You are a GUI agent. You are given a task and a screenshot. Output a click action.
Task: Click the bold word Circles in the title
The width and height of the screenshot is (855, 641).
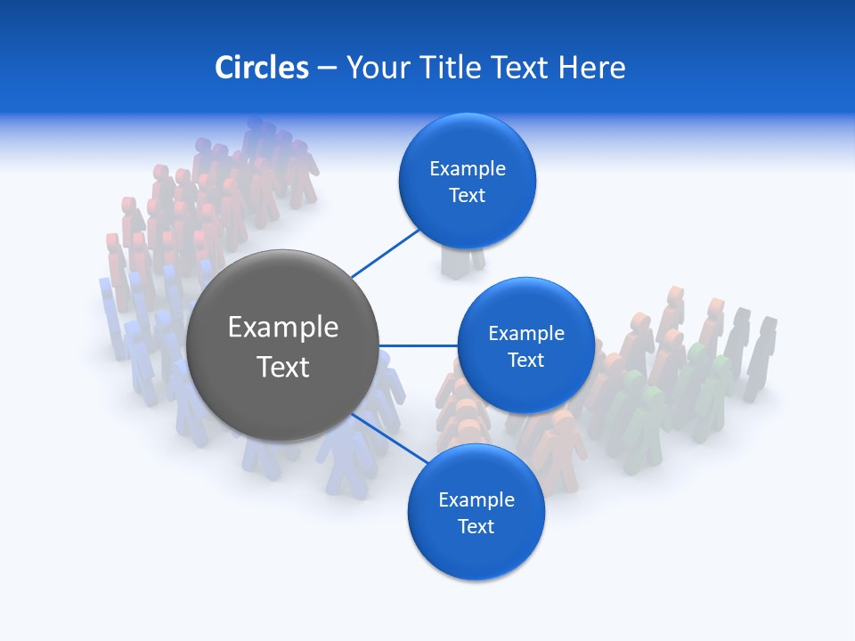pyautogui.click(x=262, y=68)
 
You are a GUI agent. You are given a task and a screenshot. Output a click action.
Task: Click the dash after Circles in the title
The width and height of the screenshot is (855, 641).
pyautogui.click(x=327, y=69)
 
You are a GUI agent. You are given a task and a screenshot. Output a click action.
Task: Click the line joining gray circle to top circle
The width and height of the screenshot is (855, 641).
pyautogui.click(x=385, y=253)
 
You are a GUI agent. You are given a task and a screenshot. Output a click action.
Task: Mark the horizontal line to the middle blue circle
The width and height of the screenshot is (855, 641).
pyautogui.click(x=419, y=345)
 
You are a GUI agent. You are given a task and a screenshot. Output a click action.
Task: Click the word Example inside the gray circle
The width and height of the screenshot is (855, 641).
pyautogui.click(x=283, y=328)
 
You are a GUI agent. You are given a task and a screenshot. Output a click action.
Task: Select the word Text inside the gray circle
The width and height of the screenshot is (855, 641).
pyautogui.click(x=283, y=367)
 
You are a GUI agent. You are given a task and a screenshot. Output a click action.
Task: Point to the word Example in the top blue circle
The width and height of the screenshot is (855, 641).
pyautogui.click(x=468, y=169)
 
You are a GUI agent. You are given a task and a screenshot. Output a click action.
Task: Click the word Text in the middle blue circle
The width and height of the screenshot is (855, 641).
pyautogui.click(x=525, y=361)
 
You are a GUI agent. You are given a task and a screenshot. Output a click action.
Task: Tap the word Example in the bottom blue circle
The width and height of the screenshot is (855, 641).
pyautogui.click(x=476, y=500)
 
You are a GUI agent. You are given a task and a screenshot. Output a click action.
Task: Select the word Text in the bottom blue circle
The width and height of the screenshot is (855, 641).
pyautogui.click(x=476, y=527)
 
